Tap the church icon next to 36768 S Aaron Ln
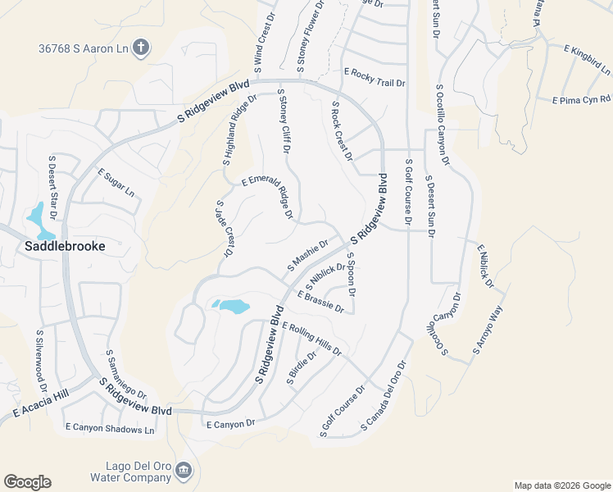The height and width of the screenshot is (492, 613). coord(141,48)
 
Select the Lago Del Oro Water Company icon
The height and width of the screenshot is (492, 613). coord(184,471)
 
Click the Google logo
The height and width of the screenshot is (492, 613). coord(27,482)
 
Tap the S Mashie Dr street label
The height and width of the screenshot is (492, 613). coord(307,255)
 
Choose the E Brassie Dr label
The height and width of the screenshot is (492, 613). coord(320,302)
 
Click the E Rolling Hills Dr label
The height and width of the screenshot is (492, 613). coord(311,338)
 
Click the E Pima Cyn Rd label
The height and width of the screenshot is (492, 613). coord(583,101)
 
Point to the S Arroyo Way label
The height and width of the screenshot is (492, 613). coord(486,330)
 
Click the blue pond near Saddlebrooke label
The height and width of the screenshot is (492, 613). coord(36,216)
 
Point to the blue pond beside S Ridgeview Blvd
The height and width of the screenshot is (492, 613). coord(231,307)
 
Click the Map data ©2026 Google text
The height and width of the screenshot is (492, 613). coord(561,485)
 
